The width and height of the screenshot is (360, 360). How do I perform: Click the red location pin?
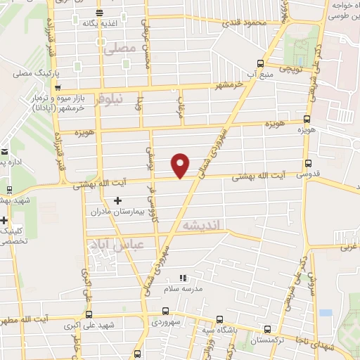click(x=181, y=164)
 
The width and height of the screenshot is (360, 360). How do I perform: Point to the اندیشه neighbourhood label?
click(x=202, y=225)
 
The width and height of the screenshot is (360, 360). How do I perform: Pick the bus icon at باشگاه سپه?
click(x=219, y=318)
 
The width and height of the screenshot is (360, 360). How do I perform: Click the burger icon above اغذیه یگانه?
click(x=98, y=13)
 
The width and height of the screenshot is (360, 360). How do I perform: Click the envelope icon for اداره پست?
click(x=4, y=153)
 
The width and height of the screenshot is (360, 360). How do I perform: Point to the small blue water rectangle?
click(x=325, y=312)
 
